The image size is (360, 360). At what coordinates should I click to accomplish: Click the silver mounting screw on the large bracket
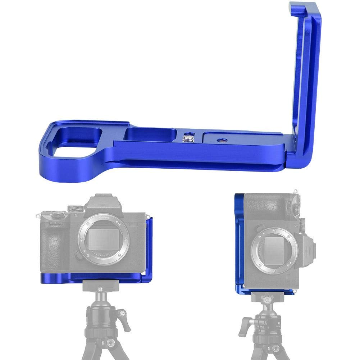187,137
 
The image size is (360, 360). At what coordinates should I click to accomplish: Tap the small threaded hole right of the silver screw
219,140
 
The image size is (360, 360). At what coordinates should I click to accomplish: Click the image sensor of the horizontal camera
103,240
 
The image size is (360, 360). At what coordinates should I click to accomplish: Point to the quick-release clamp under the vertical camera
266,297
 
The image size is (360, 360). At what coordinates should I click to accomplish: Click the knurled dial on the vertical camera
303,226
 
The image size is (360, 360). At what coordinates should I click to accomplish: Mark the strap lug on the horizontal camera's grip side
38,217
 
